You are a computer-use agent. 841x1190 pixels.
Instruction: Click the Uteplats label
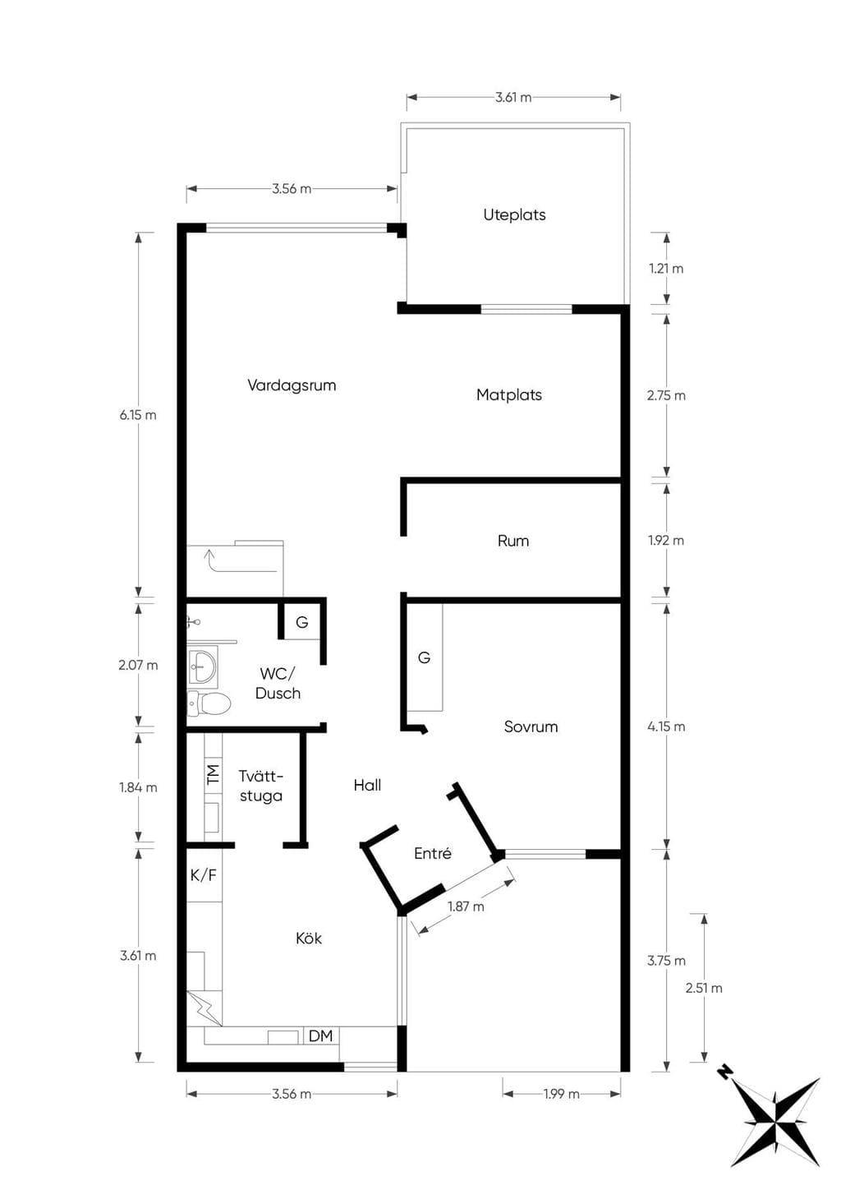pyautogui.click(x=514, y=214)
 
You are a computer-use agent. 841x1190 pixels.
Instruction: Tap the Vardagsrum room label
pyautogui.click(x=292, y=385)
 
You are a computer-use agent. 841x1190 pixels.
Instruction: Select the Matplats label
pyautogui.click(x=508, y=394)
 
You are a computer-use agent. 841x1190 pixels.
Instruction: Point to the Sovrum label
pyautogui.click(x=531, y=726)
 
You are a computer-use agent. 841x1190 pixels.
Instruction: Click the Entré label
pyautogui.click(x=432, y=853)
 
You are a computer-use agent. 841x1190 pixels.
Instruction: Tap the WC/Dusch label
pyautogui.click(x=278, y=683)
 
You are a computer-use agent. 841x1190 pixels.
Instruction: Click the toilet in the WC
pyautogui.click(x=209, y=703)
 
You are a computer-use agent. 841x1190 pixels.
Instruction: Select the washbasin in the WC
pyautogui.click(x=202, y=663)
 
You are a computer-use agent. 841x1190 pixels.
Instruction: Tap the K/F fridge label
pyautogui.click(x=204, y=874)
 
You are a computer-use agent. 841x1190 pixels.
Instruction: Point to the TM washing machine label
pyautogui.click(x=213, y=774)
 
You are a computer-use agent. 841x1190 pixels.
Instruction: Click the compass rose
pyautogui.click(x=775, y=1119)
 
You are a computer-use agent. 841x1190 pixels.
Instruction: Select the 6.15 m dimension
pyautogui.click(x=138, y=415)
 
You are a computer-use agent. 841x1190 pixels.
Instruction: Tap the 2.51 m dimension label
pyautogui.click(x=704, y=988)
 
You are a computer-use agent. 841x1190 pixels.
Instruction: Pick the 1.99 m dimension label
pyautogui.click(x=561, y=1094)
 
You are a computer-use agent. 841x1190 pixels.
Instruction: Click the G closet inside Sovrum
pyautogui.click(x=424, y=657)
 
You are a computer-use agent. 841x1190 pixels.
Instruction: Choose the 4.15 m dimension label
pyautogui.click(x=666, y=726)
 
